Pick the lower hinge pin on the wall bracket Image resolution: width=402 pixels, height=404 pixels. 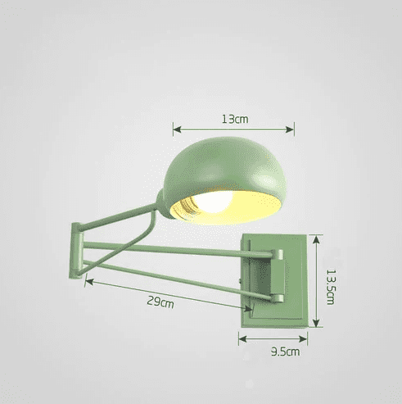[x=278, y=298]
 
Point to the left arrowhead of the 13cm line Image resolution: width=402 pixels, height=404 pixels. [x=175, y=128]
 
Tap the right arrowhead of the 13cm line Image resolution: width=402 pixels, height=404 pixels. [x=291, y=128]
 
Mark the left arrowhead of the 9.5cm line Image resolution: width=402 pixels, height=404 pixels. [x=242, y=338]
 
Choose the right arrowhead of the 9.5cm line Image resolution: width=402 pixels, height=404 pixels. [x=308, y=338]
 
